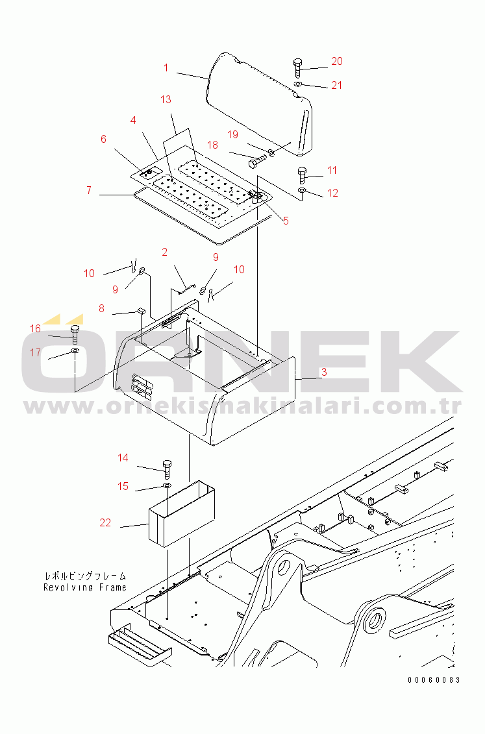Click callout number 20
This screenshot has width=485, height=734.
(336, 61)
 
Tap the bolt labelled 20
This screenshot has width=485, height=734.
(298, 67)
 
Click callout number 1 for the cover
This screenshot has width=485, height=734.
(166, 68)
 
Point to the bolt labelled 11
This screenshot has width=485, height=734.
(302, 175)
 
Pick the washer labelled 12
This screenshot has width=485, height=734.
(302, 190)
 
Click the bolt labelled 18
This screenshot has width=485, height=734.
(257, 162)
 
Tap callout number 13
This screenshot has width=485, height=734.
(166, 100)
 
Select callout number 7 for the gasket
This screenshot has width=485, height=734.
(89, 191)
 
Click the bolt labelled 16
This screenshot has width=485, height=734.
(75, 335)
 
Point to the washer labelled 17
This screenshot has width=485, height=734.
(75, 350)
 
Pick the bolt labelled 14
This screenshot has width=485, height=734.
(167, 469)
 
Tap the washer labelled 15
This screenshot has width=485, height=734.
(167, 485)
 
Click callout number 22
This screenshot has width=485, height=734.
(105, 523)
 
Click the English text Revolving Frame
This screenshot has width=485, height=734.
(85, 587)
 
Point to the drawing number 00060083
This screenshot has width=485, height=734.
(434, 679)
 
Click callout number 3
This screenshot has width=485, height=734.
(324, 373)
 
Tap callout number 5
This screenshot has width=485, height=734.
(286, 221)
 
